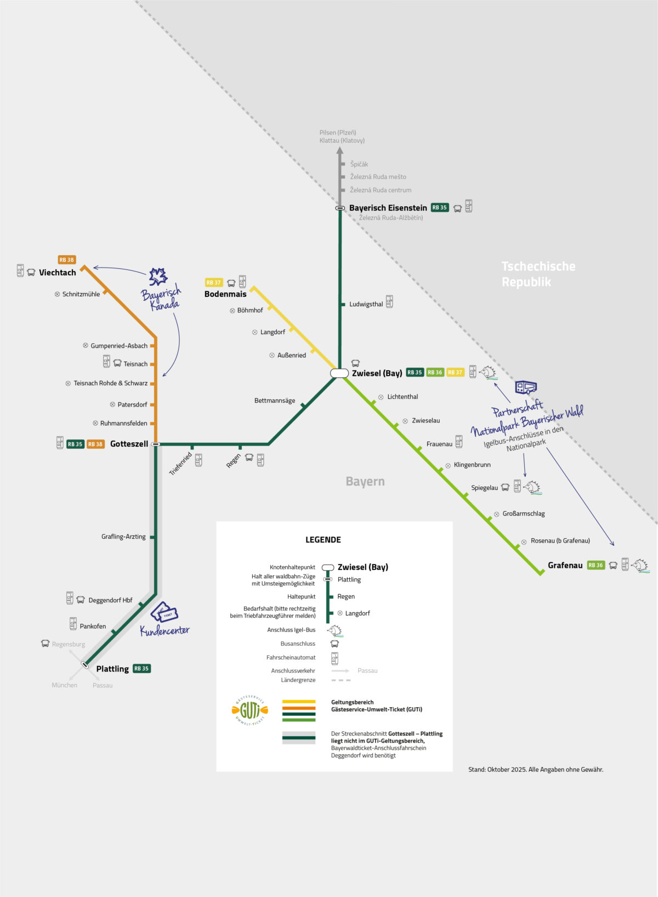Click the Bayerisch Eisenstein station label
click(388, 208)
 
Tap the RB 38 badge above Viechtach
click(67, 260)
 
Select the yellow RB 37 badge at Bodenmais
click(213, 283)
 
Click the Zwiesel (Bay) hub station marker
click(339, 373)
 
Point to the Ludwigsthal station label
click(366, 304)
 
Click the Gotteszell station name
click(129, 444)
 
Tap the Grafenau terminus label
click(565, 565)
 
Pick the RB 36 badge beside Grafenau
click(595, 565)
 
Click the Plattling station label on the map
click(112, 669)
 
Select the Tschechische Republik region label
click(538, 274)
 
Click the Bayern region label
click(365, 481)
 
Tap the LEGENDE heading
click(323, 540)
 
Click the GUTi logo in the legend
click(250, 711)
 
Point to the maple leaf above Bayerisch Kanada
click(158, 277)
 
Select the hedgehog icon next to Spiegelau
click(532, 487)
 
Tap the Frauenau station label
click(439, 444)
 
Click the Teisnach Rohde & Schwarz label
click(110, 383)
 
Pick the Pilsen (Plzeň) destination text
click(338, 132)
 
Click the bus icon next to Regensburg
click(46, 644)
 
